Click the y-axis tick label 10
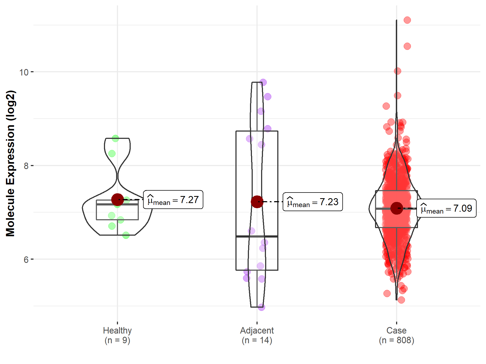point(24,72)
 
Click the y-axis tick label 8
point(26,166)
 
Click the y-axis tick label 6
point(26,260)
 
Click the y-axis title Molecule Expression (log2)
point(10,163)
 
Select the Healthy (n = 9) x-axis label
point(117,335)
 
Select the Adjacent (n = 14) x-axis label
point(257,335)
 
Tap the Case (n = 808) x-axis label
point(396,335)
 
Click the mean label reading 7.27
point(173,200)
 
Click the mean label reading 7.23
point(313,202)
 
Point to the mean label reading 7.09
point(446,208)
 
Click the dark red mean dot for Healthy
point(117,200)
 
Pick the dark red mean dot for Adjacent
point(257,202)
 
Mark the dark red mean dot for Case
point(396,208)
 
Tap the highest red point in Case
point(407,20)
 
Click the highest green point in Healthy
point(116,139)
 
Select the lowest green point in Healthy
point(126,235)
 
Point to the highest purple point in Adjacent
point(263,82)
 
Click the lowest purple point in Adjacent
point(261,307)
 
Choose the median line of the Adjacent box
point(257,236)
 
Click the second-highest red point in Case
point(407,46)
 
